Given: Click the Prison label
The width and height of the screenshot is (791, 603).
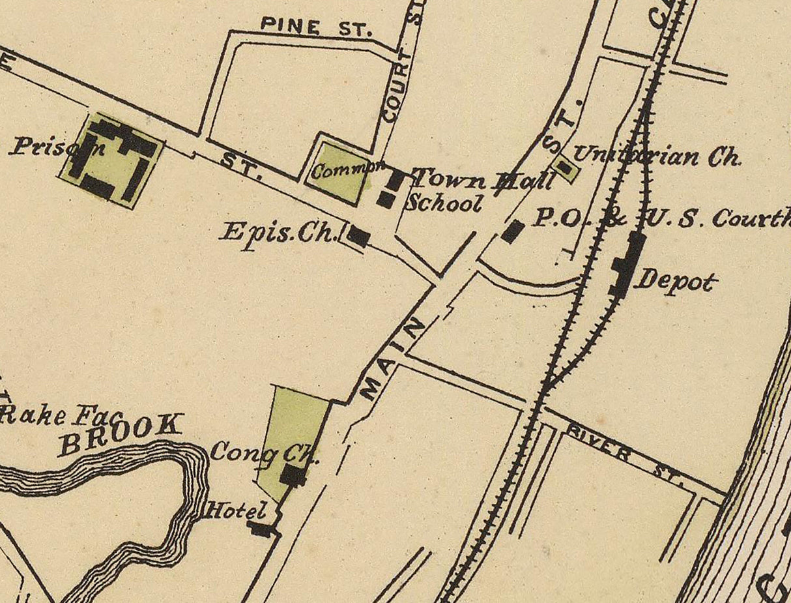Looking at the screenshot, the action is (57, 145).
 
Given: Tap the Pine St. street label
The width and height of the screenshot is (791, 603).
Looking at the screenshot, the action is (316, 27).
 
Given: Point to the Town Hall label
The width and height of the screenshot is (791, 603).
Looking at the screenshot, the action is (485, 179).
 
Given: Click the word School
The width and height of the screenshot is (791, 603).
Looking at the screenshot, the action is (444, 203).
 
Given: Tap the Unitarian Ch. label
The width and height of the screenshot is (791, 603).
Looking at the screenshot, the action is (656, 156).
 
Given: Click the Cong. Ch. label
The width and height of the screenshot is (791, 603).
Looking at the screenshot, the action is (265, 452).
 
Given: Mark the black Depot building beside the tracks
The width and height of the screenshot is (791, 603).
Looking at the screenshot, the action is (627, 265).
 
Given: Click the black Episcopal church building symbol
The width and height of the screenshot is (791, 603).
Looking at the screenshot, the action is (358, 236).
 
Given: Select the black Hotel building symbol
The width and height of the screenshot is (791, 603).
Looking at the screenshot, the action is (261, 529).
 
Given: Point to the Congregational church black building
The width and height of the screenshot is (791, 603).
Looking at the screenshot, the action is (293, 475).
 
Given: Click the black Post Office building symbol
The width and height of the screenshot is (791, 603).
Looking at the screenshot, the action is (513, 231).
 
